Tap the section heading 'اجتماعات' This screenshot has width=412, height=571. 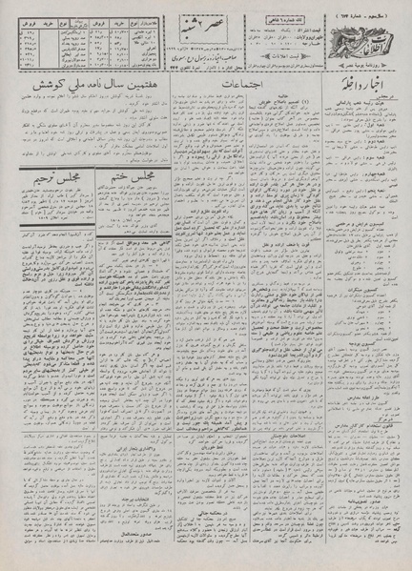pyautogui.click(x=229, y=87)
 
